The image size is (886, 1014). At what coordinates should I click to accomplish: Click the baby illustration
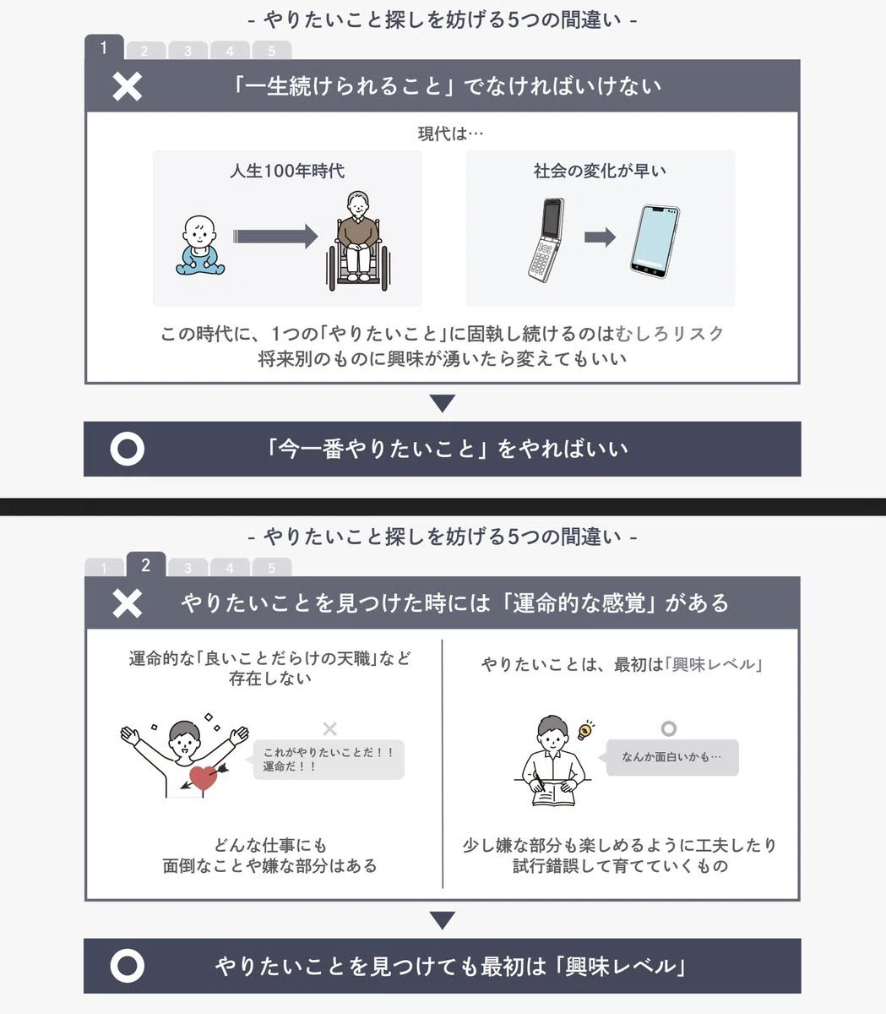point(200,245)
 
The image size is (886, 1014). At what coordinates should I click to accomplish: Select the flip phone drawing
point(547,240)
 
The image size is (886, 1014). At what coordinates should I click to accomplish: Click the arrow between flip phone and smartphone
point(600,237)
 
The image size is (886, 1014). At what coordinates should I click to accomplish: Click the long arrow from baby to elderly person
point(275,237)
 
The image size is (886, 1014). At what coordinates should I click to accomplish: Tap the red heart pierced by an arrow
point(204,777)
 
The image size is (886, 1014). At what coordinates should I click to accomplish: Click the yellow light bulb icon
point(585,730)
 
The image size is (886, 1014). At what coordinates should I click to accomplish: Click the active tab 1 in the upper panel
point(104,47)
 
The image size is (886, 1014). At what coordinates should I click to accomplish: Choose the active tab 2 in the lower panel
point(145,565)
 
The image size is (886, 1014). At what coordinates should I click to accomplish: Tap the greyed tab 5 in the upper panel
point(271,51)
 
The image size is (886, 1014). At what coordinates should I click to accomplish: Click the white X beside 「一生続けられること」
point(128,86)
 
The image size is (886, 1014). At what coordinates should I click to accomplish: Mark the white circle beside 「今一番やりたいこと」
point(128,449)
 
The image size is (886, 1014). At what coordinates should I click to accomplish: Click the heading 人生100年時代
point(287,171)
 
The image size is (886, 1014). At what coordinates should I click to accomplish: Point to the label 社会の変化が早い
point(600,171)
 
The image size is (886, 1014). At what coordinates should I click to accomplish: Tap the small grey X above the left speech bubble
point(329,728)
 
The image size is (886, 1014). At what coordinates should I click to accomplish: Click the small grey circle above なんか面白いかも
point(669,728)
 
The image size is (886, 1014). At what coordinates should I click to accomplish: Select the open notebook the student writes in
point(553,797)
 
